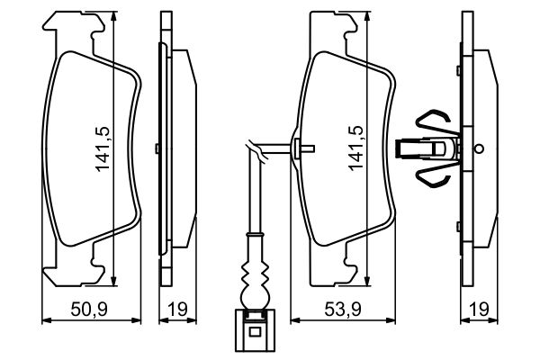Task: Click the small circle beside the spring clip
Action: (479, 148)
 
